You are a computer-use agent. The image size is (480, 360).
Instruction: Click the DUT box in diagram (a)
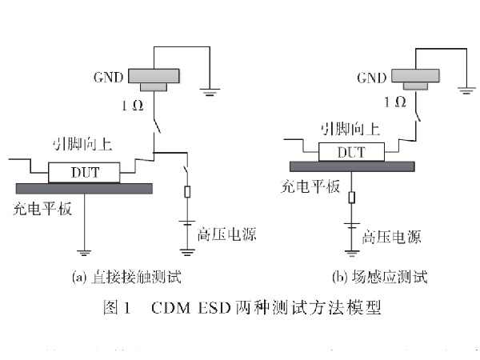pos(85,171)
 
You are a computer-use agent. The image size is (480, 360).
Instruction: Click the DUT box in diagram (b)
pos(353,151)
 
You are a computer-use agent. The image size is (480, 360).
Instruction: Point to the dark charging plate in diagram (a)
pos(83,188)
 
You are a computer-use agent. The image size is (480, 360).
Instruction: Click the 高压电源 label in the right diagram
pos(391,238)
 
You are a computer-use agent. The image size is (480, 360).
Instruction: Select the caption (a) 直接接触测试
pos(126,278)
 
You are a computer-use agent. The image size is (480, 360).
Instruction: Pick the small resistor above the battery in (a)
pos(186,192)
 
